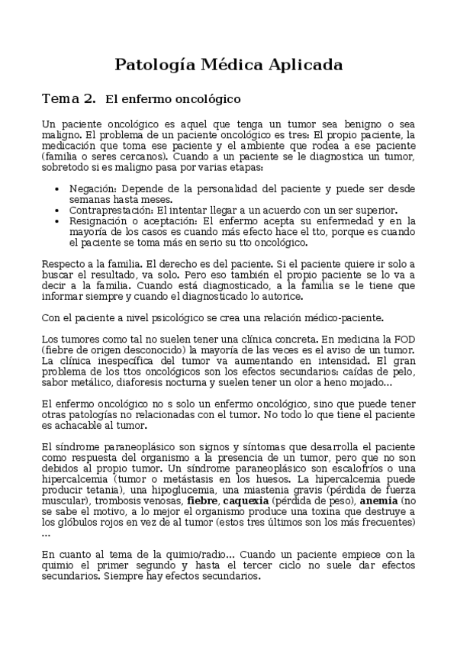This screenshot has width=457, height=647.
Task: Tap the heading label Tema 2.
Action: click(69, 99)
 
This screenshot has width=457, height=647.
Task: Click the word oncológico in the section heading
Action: click(210, 99)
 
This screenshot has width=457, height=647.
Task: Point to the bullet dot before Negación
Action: click(60, 188)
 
